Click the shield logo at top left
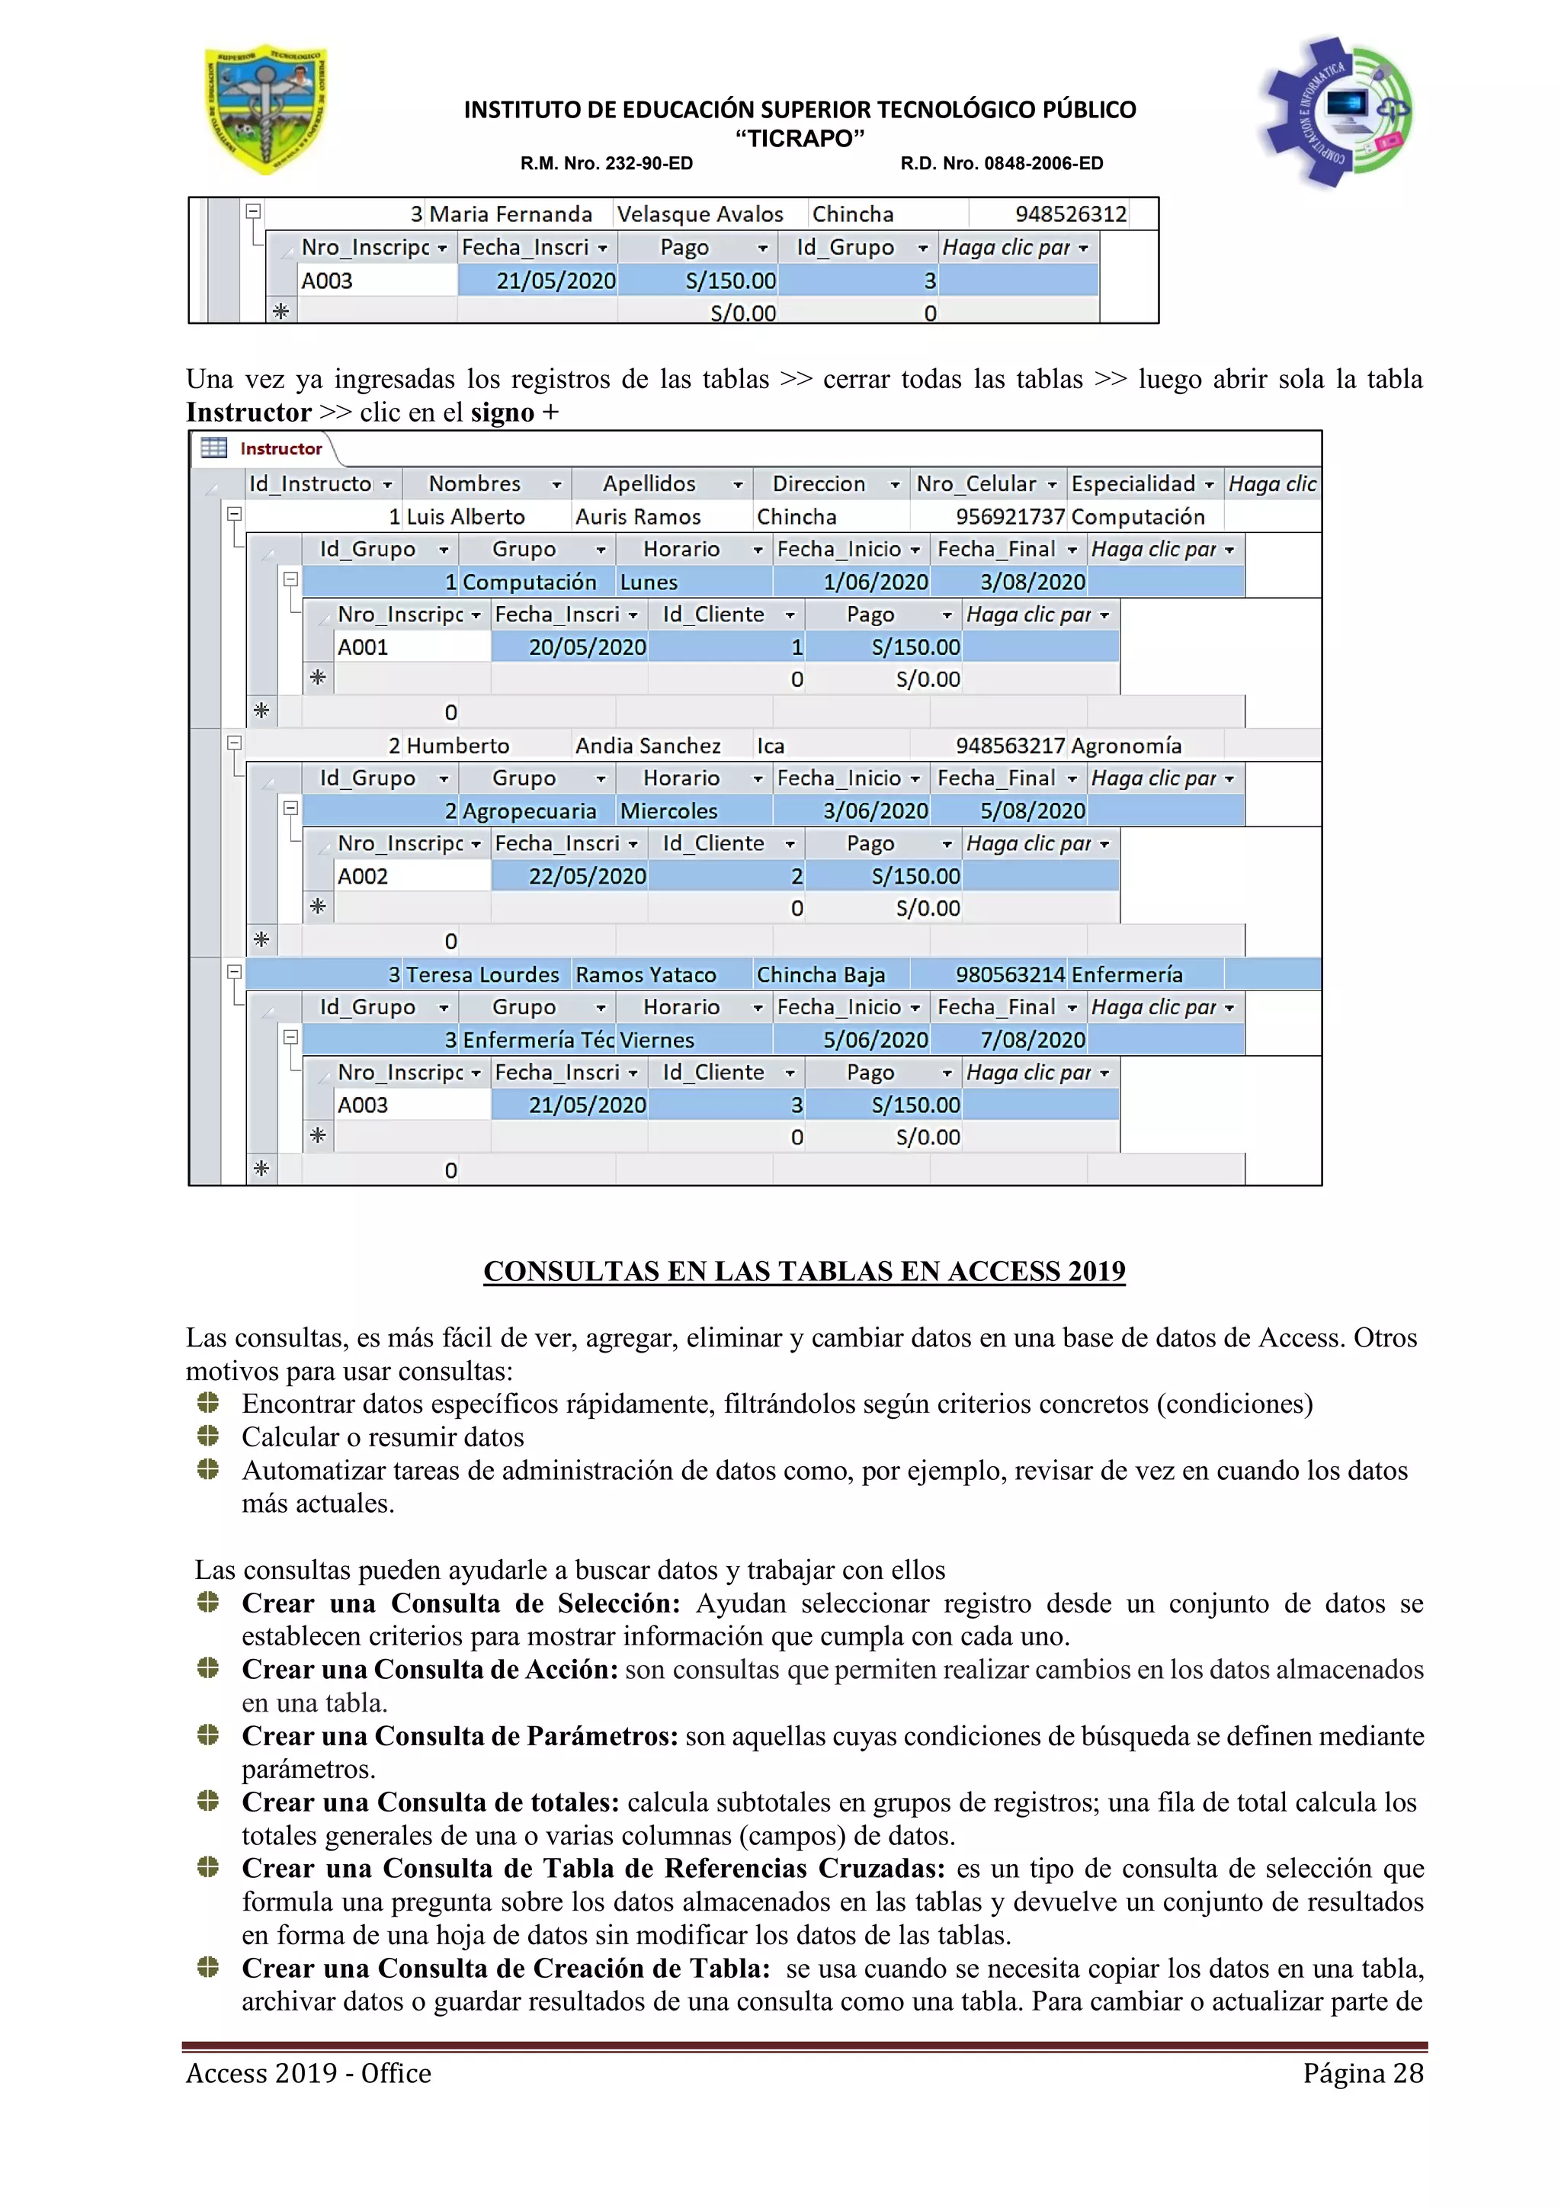(x=266, y=110)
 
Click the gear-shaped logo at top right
(x=1335, y=111)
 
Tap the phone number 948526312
(x=1070, y=214)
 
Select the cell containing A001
(x=364, y=647)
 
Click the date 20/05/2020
(x=586, y=647)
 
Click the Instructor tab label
(x=280, y=449)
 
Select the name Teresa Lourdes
(x=482, y=975)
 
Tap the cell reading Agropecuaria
(x=529, y=812)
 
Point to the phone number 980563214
(x=1009, y=975)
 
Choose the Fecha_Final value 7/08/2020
(x=1032, y=1041)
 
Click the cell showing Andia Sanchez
(x=648, y=746)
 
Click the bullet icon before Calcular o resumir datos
(x=207, y=1436)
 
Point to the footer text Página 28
(x=1362, y=2073)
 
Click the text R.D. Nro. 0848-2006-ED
(x=1001, y=163)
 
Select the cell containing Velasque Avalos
(x=700, y=214)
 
